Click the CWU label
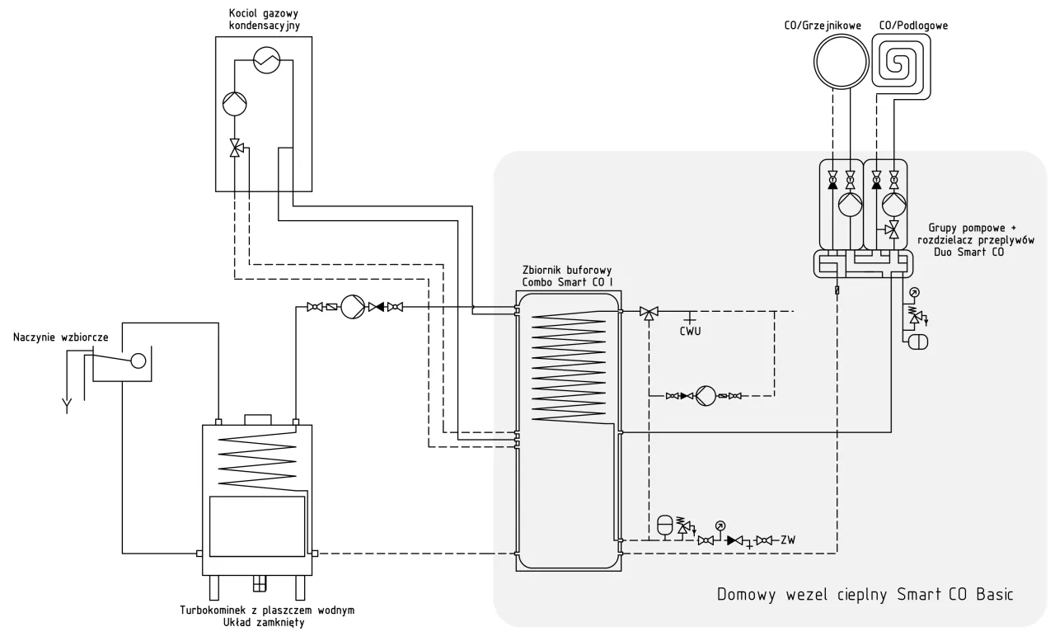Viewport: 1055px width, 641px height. tap(690, 332)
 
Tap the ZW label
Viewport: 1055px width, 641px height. tap(788, 540)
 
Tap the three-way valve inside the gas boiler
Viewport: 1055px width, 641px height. tap(236, 149)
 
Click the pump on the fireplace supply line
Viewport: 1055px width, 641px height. tap(352, 308)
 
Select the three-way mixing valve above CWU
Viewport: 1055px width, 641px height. tap(649, 312)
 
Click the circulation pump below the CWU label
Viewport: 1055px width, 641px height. tap(706, 396)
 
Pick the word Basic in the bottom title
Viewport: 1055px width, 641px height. tap(990, 595)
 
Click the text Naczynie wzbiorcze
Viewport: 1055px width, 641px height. tap(61, 338)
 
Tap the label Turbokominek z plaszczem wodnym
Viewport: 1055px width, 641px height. tap(267, 610)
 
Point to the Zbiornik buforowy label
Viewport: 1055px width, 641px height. tap(566, 270)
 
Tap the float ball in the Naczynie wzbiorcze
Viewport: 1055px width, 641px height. tap(138, 361)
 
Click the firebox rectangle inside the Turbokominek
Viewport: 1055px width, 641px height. tap(256, 526)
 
